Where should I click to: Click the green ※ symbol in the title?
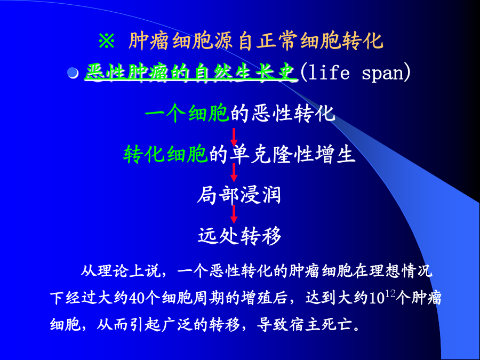(x=107, y=41)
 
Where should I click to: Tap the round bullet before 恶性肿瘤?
(x=73, y=73)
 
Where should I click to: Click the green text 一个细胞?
(x=187, y=114)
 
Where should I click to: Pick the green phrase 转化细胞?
(x=166, y=154)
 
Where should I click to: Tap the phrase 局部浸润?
(x=239, y=195)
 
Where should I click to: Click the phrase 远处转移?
(x=239, y=236)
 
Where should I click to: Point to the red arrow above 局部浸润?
(x=234, y=173)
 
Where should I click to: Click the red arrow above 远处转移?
(x=234, y=214)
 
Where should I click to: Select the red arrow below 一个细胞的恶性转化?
(x=234, y=137)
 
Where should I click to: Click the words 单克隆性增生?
(x=292, y=154)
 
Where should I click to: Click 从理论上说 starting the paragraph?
(x=121, y=270)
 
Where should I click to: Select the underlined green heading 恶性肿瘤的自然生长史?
(x=191, y=73)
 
